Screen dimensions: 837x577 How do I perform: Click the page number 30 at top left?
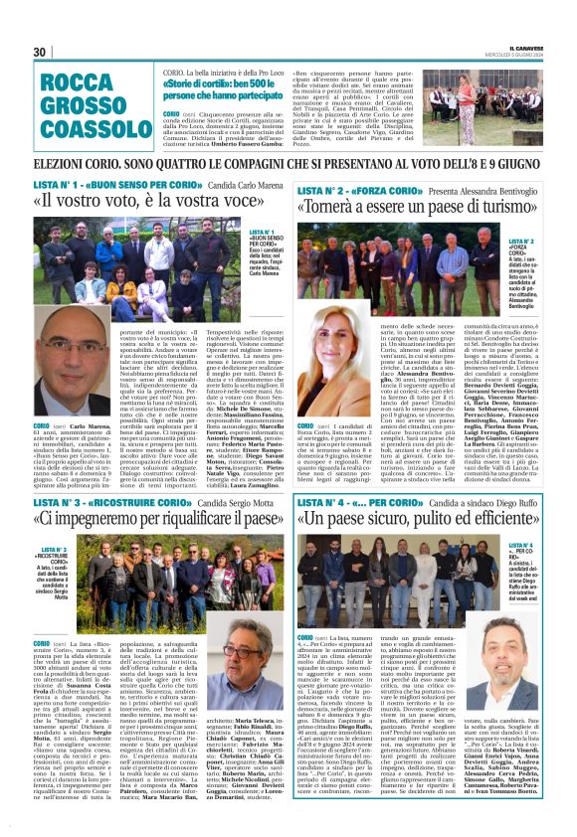[x=41, y=52]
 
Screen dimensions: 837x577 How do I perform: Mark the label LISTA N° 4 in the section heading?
[x=322, y=505]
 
